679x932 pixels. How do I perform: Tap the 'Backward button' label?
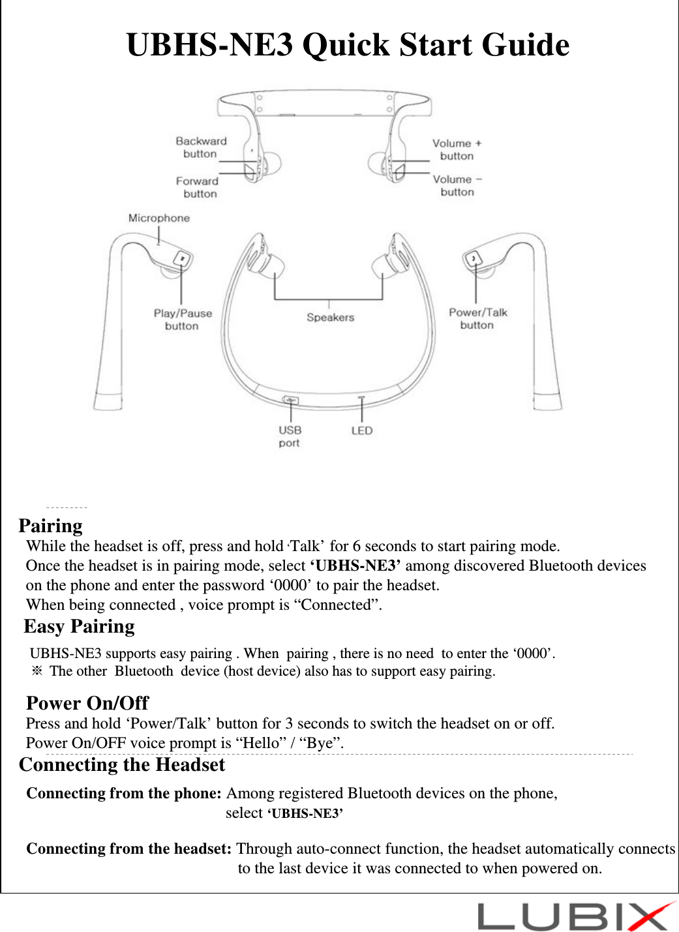coord(201,147)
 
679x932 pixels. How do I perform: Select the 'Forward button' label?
coord(198,187)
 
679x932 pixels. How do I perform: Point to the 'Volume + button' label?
coord(457,149)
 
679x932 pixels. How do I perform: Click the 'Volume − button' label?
coord(457,185)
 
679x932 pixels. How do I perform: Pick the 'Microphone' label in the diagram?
coord(158,218)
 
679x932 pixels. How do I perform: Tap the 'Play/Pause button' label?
coord(183,319)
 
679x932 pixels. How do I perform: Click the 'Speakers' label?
coord(330,318)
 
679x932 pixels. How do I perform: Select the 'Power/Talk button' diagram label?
coord(477,318)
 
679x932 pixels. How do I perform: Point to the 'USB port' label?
coord(290,436)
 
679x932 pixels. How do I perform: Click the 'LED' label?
coord(361,430)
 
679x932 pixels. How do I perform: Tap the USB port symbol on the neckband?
coord(290,400)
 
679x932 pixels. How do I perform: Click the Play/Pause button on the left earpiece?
coord(182,258)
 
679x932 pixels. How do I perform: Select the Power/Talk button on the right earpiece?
coord(473,259)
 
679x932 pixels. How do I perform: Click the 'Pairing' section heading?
coord(51,526)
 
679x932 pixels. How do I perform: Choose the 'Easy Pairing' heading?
coord(80,626)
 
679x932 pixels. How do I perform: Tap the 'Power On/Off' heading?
coord(87,702)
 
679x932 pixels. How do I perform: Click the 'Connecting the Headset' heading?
coord(122,764)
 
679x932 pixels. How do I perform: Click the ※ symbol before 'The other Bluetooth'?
coord(37,671)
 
